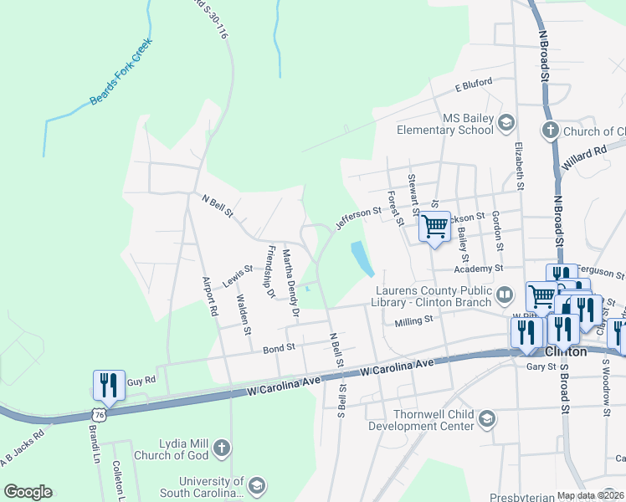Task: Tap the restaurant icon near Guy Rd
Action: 109,385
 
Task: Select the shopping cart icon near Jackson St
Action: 434,226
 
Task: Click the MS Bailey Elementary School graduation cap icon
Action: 506,124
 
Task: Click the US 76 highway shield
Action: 100,414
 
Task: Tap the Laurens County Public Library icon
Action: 505,295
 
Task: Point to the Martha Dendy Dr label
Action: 290,281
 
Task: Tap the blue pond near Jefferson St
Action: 362,258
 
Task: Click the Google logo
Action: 28,491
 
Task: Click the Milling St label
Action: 415,320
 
